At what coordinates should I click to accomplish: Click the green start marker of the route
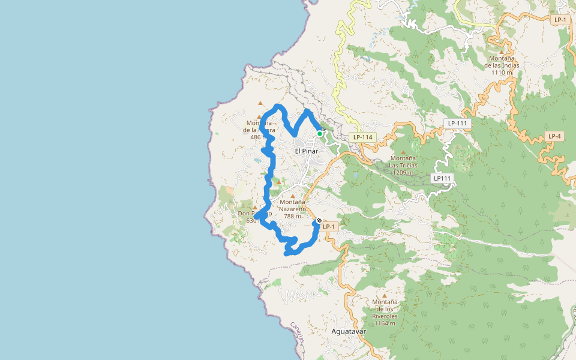320,133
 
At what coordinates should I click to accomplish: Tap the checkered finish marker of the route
319,221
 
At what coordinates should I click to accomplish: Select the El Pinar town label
306,151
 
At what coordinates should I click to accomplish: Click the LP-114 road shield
363,137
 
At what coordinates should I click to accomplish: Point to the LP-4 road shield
554,136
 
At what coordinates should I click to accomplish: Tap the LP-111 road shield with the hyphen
457,124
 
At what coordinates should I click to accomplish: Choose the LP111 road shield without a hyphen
442,178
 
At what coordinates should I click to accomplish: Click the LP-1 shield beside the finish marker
328,226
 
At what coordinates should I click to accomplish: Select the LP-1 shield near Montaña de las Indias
560,20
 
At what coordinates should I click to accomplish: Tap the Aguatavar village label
348,331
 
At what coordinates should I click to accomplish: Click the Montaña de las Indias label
502,62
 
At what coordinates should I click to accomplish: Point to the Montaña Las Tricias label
403,165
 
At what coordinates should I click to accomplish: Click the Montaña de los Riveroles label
385,309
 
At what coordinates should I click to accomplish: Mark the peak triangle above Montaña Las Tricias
403,152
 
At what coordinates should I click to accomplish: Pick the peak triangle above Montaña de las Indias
503,43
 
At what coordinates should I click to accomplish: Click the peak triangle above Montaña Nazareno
293,196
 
